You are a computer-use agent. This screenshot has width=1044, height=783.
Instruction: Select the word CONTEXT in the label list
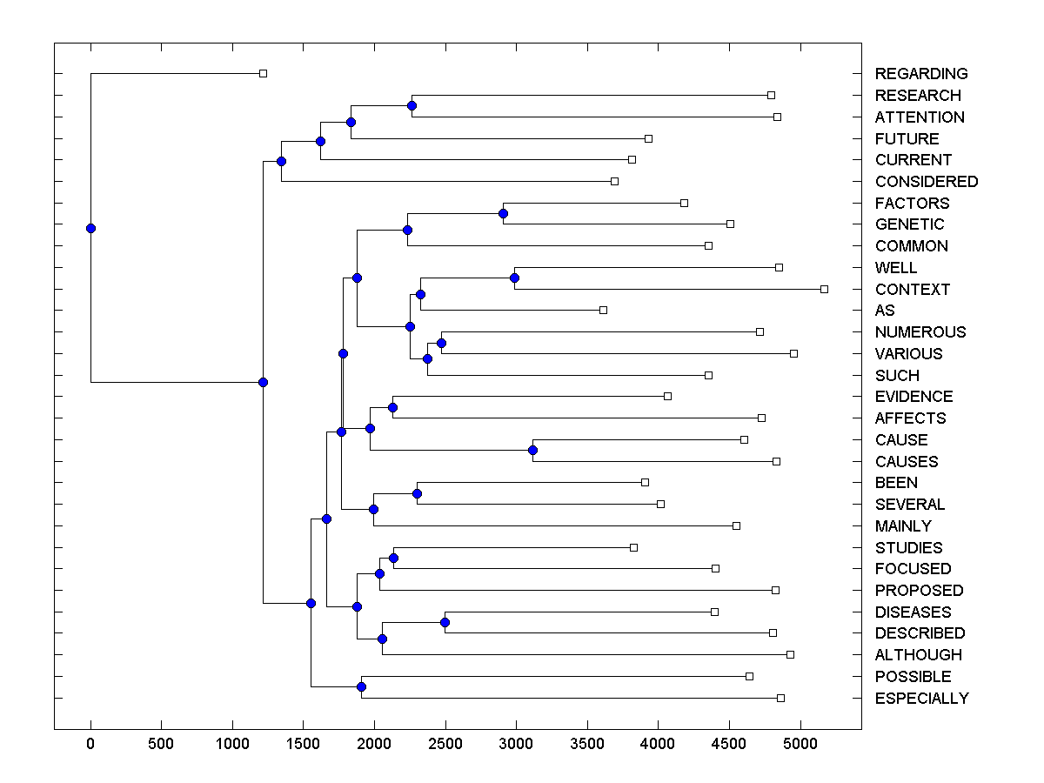click(x=913, y=289)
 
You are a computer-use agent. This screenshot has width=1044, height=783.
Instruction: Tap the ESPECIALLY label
click(x=921, y=699)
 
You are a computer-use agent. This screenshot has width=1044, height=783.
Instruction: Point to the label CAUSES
click(x=907, y=461)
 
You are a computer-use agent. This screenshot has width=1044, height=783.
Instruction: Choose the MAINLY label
click(x=903, y=526)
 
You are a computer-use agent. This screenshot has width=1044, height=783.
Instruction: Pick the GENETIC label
click(x=909, y=224)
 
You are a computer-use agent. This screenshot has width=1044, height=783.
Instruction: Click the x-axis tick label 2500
click(x=445, y=744)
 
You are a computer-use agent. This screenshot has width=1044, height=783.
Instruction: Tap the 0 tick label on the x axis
click(x=90, y=744)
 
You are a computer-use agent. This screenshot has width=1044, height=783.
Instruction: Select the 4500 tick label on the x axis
click(x=728, y=744)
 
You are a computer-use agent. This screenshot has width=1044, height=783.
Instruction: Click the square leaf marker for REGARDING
click(x=264, y=74)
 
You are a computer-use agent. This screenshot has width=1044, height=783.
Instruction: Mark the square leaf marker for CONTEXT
click(x=825, y=289)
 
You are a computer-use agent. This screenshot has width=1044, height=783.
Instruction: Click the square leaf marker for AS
click(x=603, y=311)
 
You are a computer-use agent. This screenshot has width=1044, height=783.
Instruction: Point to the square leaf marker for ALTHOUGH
click(x=790, y=654)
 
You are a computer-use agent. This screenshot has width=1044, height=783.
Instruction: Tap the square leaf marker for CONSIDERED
click(x=614, y=181)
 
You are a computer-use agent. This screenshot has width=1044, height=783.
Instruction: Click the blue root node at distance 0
click(x=90, y=229)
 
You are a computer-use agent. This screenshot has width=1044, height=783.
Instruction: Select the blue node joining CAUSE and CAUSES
click(x=533, y=450)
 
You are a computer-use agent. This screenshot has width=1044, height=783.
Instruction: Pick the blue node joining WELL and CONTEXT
click(x=514, y=278)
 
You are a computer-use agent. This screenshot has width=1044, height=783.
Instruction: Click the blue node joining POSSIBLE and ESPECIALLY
click(x=361, y=687)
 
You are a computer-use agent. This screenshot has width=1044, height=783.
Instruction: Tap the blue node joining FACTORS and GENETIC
click(x=503, y=213)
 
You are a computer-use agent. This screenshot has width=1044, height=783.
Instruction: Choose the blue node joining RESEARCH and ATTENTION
click(x=412, y=106)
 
